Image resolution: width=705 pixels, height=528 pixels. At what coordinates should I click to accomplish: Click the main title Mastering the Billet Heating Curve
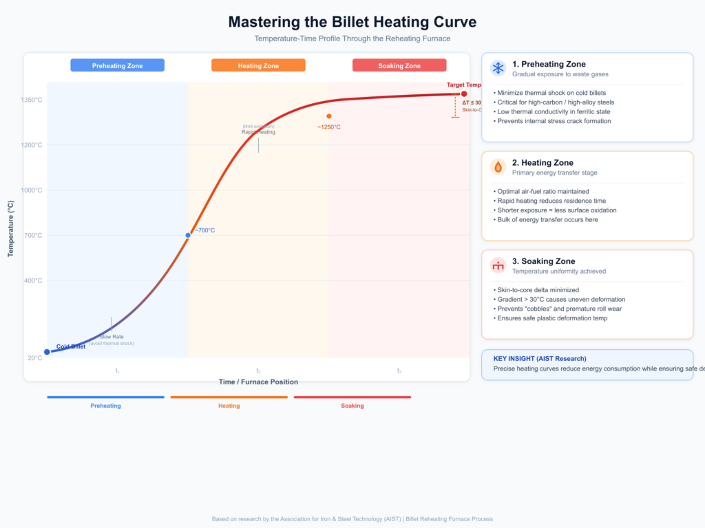(352, 22)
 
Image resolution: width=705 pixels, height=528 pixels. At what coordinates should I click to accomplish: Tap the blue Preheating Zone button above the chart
(117, 65)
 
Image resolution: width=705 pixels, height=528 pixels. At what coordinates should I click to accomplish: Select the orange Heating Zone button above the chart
(258, 65)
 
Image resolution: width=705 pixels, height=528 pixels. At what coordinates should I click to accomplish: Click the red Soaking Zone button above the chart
(399, 65)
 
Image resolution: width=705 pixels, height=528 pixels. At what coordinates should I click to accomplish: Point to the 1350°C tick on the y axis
(32, 100)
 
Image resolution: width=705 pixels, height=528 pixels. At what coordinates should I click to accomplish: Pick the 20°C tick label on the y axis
(34, 357)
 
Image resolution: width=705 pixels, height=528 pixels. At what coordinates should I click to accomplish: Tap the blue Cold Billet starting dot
(47, 352)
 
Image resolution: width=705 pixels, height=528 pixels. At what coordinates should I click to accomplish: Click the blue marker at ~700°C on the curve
(188, 235)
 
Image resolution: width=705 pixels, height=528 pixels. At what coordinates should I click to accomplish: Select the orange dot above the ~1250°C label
(329, 116)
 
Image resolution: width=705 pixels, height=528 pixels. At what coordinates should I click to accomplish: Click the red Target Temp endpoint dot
(464, 93)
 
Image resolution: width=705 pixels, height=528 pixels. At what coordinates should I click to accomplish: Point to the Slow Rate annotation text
(112, 337)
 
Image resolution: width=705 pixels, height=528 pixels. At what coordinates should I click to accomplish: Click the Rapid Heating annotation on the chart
(258, 132)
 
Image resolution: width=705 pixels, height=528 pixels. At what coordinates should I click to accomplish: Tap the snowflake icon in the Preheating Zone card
(498, 68)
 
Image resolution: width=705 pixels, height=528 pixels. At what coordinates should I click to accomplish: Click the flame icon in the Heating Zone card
(498, 167)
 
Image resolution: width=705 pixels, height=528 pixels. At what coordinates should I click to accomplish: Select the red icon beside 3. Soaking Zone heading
(498, 265)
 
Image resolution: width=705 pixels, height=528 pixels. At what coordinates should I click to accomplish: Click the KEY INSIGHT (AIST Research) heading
(540, 358)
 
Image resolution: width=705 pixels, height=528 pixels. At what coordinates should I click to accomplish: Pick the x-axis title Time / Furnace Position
(258, 382)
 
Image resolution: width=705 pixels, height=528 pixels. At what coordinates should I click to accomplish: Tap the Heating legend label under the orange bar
(229, 406)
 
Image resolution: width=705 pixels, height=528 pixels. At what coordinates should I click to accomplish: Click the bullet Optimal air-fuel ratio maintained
(541, 191)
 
